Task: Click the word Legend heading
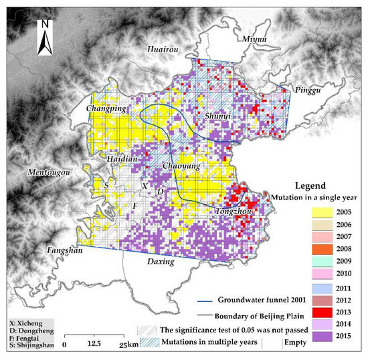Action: [310, 185]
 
